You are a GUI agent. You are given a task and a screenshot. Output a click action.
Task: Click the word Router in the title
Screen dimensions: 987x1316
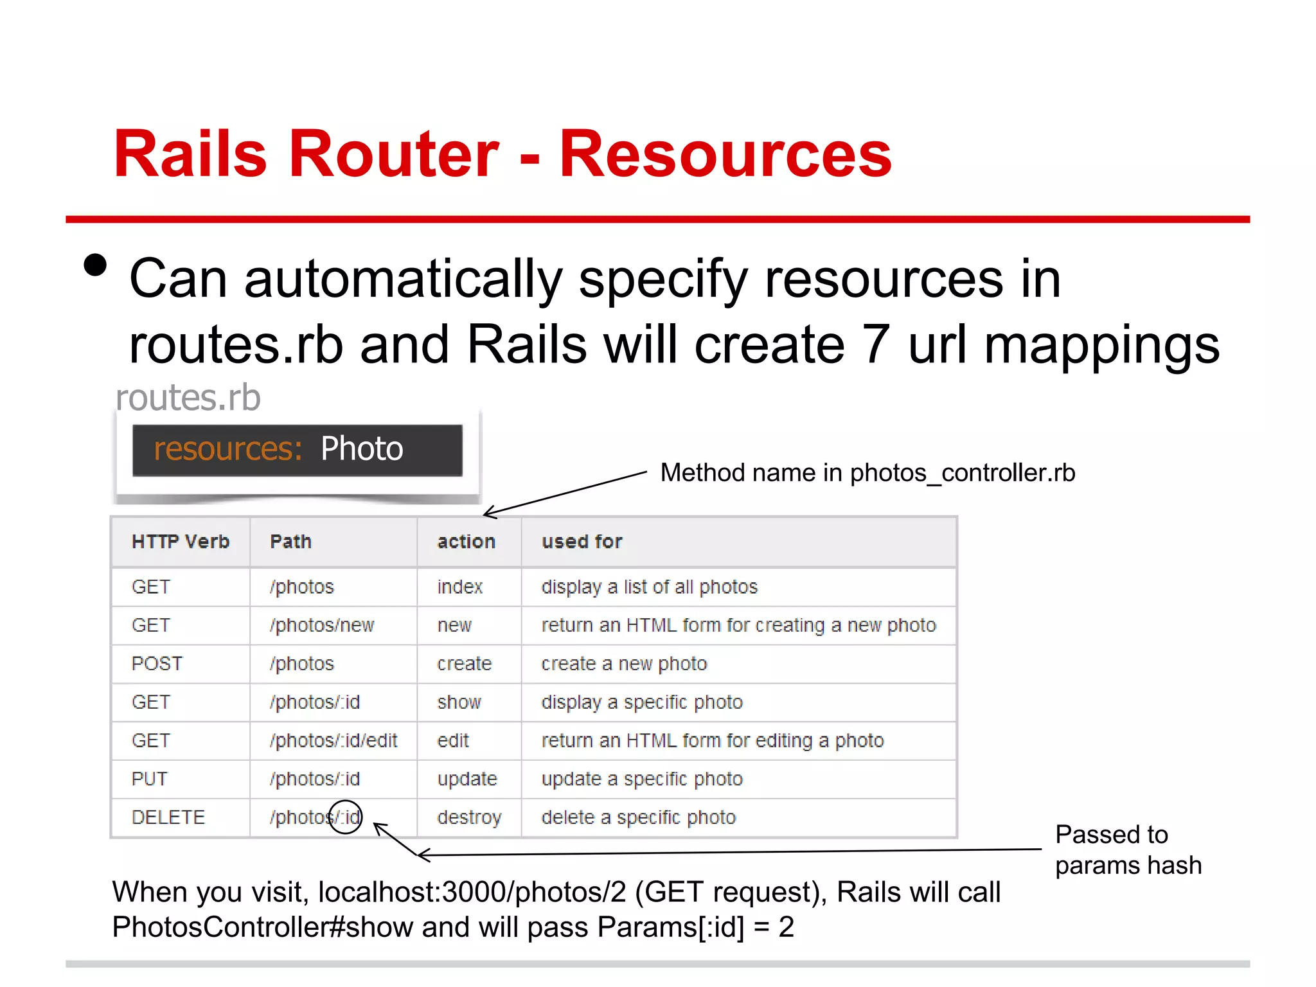pyautogui.click(x=393, y=154)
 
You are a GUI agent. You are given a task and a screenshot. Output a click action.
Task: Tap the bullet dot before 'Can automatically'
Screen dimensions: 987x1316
pyautogui.click(x=95, y=265)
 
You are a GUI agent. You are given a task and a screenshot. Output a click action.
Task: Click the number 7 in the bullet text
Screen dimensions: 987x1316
pyautogui.click(x=875, y=345)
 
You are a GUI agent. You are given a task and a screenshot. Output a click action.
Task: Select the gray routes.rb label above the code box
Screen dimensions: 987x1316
pyautogui.click(x=188, y=398)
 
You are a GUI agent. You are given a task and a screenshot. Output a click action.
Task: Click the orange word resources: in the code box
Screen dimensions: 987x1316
pyautogui.click(x=227, y=449)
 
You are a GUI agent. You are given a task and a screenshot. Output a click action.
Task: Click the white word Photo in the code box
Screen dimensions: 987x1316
pyautogui.click(x=361, y=449)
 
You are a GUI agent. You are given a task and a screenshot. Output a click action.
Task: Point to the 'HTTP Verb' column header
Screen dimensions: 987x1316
pyautogui.click(x=180, y=542)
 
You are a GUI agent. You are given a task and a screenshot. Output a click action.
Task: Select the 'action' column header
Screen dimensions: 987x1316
pyautogui.click(x=466, y=542)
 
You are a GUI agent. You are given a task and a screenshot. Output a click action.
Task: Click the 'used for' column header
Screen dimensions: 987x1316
pyautogui.click(x=582, y=542)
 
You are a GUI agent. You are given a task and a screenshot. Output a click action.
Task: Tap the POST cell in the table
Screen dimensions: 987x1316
pyautogui.click(x=157, y=664)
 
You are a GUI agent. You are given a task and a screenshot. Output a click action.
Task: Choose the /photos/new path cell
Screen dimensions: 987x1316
pyautogui.click(x=321, y=625)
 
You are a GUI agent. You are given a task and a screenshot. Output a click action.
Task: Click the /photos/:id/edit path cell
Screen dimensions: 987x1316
pyautogui.click(x=333, y=741)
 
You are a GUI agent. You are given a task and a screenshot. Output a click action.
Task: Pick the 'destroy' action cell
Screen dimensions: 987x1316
pyautogui.click(x=468, y=817)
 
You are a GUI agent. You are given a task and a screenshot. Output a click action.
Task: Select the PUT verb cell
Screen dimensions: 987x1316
pyautogui.click(x=149, y=779)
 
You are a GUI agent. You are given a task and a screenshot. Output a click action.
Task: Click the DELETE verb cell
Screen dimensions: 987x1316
pyautogui.click(x=168, y=817)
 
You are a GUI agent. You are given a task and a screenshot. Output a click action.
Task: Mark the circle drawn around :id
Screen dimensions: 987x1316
pyautogui.click(x=345, y=817)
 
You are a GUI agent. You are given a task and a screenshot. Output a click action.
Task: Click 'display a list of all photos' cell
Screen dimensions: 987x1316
pyautogui.click(x=649, y=587)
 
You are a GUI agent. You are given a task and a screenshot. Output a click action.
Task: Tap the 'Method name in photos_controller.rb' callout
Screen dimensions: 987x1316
pyautogui.click(x=867, y=473)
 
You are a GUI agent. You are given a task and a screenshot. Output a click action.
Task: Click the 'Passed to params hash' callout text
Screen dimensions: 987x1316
pyautogui.click(x=1127, y=849)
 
